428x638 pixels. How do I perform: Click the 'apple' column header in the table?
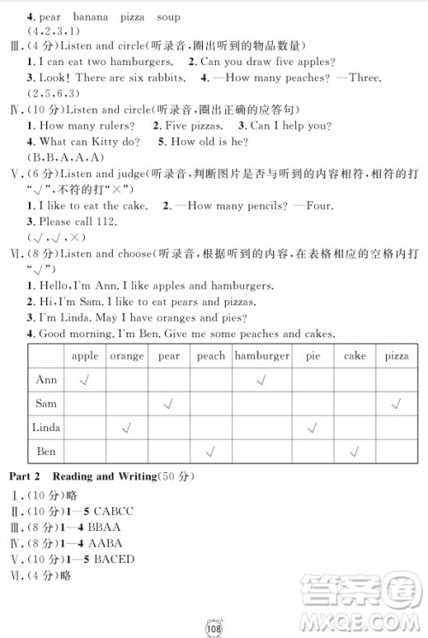[85, 356]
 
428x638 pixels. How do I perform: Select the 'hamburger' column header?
[261, 356]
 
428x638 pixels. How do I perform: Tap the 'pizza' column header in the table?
[397, 356]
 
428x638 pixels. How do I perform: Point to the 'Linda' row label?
[46, 427]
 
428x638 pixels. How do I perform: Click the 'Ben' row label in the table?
[46, 451]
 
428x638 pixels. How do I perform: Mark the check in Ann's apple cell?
[85, 380]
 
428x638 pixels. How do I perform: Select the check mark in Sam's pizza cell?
[397, 403]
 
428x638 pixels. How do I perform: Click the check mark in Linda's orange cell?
[127, 427]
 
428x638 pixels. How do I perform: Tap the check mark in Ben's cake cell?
[352, 451]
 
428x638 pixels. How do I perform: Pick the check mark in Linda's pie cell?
[311, 427]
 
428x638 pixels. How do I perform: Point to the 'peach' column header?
[211, 356]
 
